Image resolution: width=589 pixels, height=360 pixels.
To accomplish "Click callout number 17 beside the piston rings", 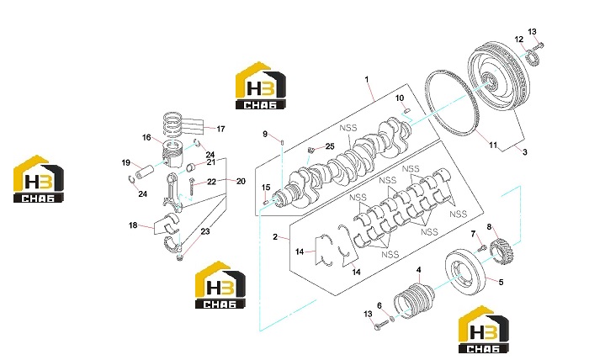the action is (220, 129).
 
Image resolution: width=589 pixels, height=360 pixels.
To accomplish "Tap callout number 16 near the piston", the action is (146, 137).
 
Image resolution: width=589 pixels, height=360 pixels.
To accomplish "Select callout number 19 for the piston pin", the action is (126, 162).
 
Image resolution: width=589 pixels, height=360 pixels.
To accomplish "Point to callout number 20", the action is (241, 182).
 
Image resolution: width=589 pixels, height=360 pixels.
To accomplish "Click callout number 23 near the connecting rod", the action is (205, 231).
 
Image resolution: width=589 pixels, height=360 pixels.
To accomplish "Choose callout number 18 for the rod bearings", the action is (133, 225).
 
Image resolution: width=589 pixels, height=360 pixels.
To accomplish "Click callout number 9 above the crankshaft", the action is (265, 134).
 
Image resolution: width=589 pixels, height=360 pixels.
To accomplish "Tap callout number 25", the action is (330, 146).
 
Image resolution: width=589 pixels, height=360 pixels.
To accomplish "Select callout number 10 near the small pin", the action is (400, 98).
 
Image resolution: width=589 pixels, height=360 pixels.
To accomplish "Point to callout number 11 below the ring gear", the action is (493, 145).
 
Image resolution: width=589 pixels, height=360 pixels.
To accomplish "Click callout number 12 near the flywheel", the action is (519, 40).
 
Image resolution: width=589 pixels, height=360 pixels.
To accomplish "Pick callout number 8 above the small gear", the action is (489, 227).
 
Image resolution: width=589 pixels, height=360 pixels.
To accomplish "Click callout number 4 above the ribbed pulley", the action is (418, 269).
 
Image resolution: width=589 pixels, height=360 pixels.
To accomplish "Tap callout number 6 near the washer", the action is (379, 305).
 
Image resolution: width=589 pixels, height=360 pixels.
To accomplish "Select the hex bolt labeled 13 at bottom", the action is (380, 326).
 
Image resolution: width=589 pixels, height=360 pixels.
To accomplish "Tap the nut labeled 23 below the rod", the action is (179, 257).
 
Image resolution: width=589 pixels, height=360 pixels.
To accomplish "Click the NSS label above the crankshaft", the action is (348, 128).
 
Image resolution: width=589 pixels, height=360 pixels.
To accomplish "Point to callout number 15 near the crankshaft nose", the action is (266, 188).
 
